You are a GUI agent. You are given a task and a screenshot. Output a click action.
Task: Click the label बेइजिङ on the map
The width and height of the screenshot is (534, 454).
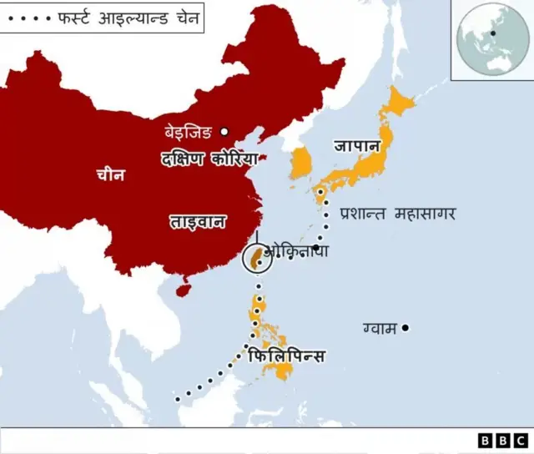pyautogui.click(x=189, y=132)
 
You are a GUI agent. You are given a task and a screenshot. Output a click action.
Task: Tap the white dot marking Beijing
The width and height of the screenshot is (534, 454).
pyautogui.click(x=224, y=131)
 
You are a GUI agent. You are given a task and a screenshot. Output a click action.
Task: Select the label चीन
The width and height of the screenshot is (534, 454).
pyautogui.click(x=111, y=174)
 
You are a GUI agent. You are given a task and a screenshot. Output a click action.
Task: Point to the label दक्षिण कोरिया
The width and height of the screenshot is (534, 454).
pyautogui.click(x=209, y=158)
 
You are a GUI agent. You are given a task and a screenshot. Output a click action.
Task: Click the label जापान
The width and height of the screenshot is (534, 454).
pyautogui.click(x=357, y=145)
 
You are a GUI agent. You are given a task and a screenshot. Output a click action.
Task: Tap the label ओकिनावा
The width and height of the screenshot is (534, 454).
pyautogui.click(x=296, y=250)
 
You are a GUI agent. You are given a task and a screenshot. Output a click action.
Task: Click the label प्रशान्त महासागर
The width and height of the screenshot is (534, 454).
pyautogui.click(x=397, y=214)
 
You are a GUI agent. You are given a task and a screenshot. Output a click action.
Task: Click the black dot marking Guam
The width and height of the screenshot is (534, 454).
pyautogui.click(x=406, y=328)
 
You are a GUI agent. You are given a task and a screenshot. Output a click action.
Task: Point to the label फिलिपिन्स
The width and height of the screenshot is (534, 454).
pyautogui.click(x=286, y=356)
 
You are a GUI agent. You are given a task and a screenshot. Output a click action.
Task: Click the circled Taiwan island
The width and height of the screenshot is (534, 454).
pyautogui.click(x=259, y=260)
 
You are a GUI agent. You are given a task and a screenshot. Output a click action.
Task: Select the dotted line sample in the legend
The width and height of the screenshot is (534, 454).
pyautogui.click(x=28, y=18)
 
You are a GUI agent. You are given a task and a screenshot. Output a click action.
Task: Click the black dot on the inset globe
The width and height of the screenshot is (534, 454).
pyautogui.click(x=494, y=33)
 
